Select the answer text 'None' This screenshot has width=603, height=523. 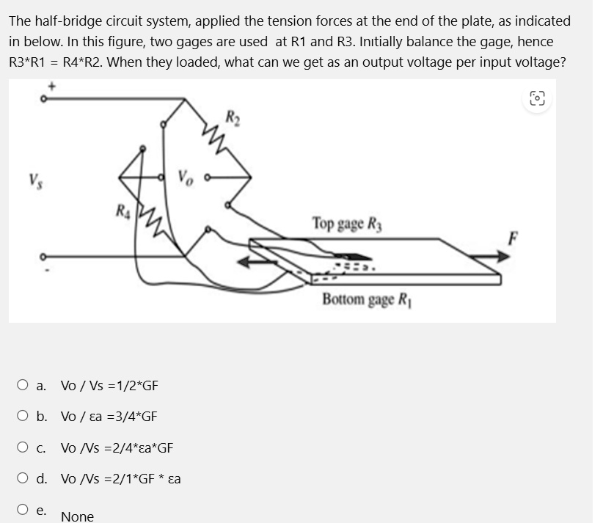(77, 516)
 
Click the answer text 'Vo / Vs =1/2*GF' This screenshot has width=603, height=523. (109, 386)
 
